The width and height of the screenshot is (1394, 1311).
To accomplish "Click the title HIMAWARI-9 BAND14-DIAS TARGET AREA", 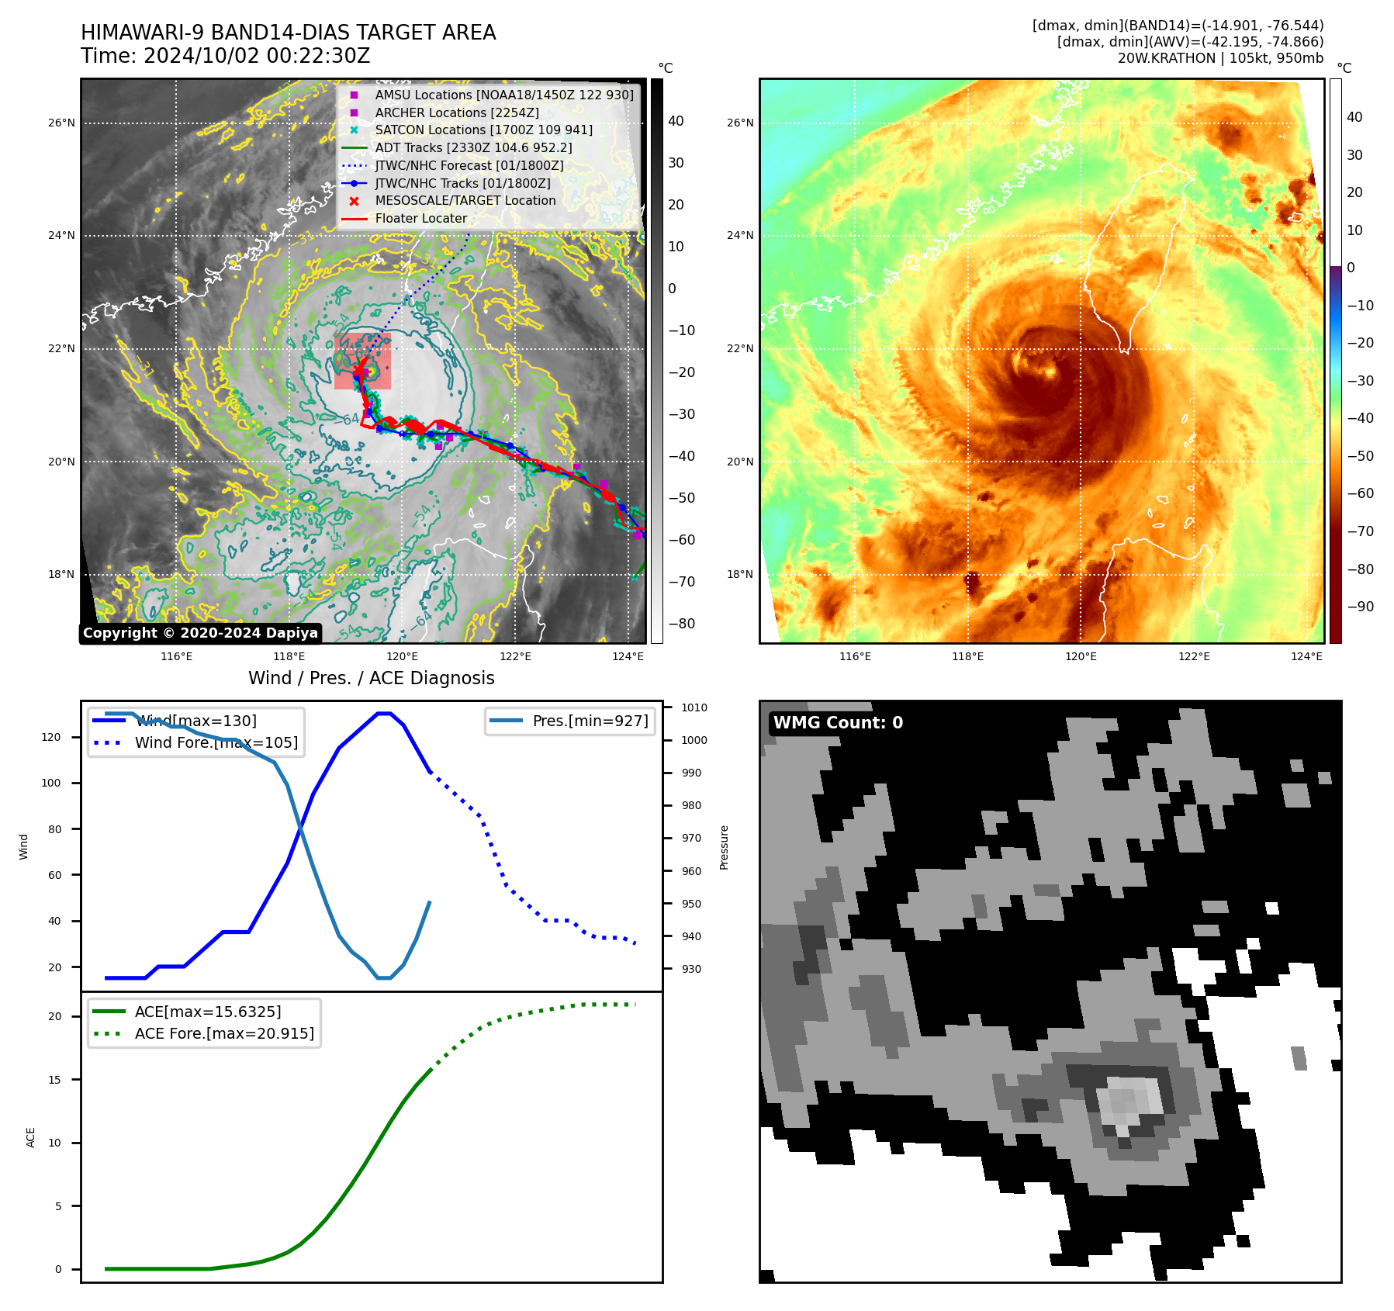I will (288, 33).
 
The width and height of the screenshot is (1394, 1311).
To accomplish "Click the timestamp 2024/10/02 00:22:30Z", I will (257, 57).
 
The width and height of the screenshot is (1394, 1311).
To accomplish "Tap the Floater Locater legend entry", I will (420, 218).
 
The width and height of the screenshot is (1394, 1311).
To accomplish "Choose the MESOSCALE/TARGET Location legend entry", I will (465, 200).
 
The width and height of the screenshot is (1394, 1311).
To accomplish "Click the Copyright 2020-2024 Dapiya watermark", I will (200, 633).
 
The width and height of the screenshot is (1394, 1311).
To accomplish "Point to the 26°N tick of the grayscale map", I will (62, 123).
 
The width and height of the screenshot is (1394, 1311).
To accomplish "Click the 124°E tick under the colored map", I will (1306, 656).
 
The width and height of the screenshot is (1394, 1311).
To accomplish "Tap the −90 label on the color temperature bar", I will (1360, 607).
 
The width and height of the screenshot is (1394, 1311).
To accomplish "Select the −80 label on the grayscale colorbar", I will (682, 623).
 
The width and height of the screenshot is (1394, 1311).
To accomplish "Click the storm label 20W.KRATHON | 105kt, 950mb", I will (1220, 58).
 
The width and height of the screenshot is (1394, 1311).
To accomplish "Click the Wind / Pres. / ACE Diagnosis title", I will (371, 678).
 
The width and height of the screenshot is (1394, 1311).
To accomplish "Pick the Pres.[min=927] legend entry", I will (590, 721).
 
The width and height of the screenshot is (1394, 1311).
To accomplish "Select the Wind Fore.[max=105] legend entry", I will (216, 742).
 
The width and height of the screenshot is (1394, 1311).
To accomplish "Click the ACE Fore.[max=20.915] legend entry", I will (224, 1033).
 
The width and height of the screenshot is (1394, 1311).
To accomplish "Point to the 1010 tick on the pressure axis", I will (694, 707).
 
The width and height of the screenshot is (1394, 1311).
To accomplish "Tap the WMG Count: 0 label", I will (838, 722).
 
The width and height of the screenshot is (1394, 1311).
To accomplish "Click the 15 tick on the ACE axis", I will (54, 1079).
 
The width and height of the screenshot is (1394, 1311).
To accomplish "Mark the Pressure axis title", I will (724, 847).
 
